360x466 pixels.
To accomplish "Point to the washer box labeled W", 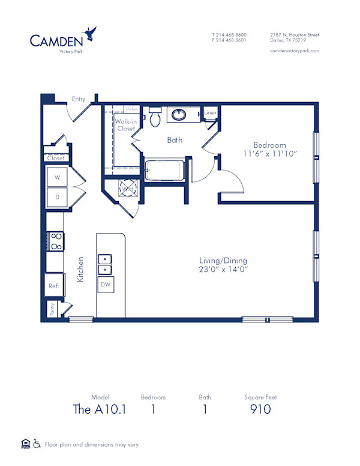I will point(57,178).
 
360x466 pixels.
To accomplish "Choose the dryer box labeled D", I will point(57,197).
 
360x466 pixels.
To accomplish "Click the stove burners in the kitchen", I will point(55,241).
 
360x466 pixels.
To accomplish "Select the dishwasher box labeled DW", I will point(106,285).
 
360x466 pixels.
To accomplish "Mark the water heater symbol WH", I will point(127,189).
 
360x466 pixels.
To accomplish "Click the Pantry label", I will point(52,309).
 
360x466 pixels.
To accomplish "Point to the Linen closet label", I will point(209,113).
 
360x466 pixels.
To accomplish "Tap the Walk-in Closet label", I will point(125,125).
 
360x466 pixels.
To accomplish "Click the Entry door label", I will point(78,99).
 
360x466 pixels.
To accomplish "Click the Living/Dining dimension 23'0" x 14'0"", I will point(223,270).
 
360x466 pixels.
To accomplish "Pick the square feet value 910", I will point(260,410).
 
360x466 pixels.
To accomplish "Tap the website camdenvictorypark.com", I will point(294,51).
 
